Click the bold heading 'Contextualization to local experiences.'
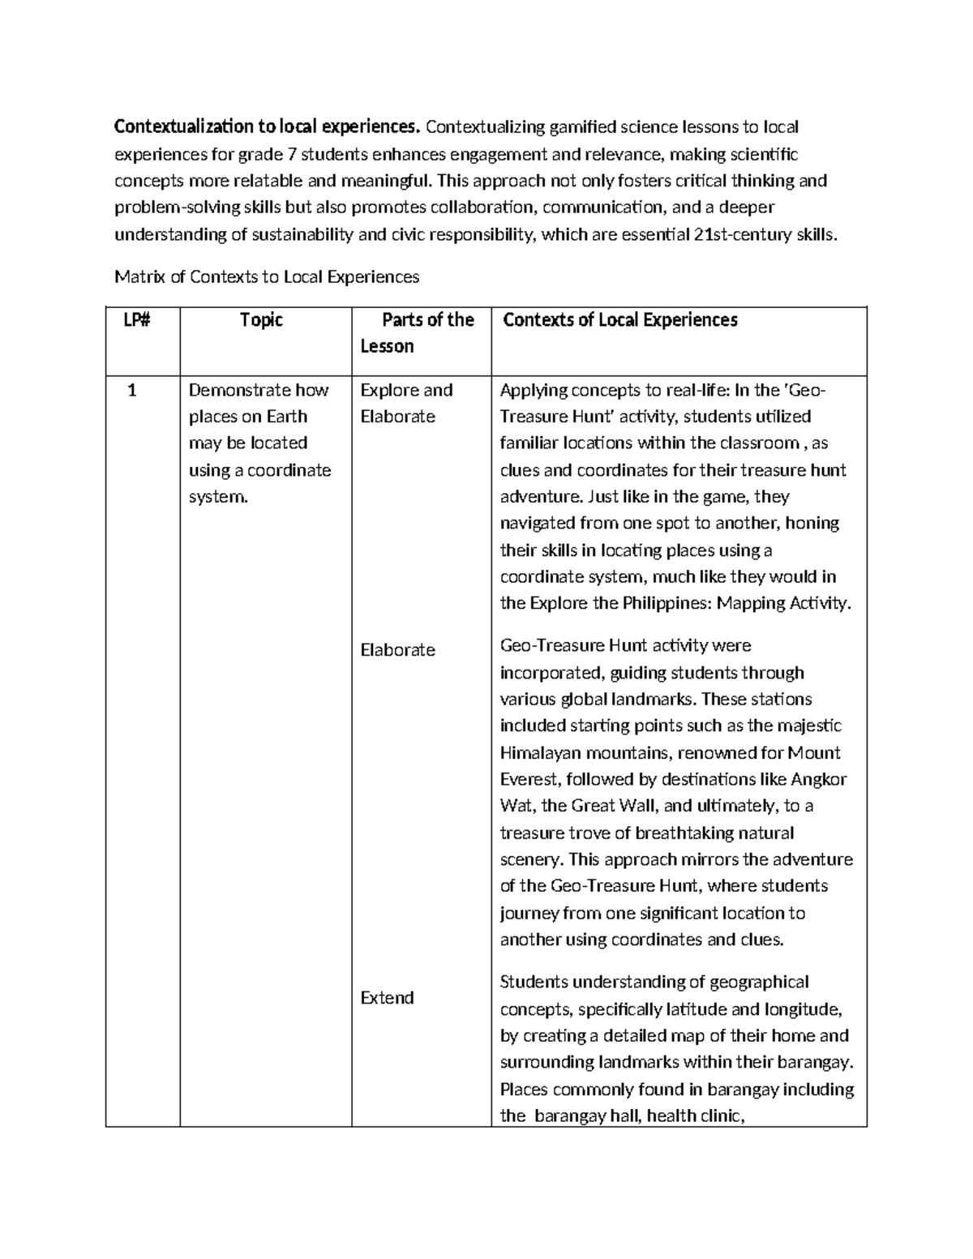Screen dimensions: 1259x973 [x=268, y=127]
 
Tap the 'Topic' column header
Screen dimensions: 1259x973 [x=261, y=320]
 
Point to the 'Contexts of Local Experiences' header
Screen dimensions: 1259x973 [x=620, y=320]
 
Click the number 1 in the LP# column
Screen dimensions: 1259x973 [x=132, y=391]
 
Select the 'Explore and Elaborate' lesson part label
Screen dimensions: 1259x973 [x=405, y=403]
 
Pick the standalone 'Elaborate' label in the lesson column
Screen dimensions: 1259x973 [x=397, y=650]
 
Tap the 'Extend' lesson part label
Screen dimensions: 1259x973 [x=387, y=998]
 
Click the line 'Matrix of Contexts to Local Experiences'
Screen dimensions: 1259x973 [x=267, y=277]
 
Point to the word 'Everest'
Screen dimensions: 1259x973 [x=529, y=779]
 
